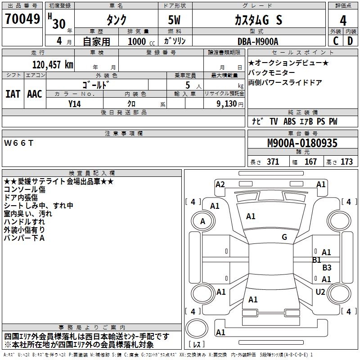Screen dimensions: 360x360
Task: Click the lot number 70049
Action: tap(22, 19)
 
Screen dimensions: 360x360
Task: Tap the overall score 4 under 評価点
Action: tap(343, 20)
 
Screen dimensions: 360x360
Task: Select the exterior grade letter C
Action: tap(336, 41)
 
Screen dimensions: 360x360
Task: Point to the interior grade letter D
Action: tap(350, 41)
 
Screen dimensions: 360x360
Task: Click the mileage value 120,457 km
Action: tap(53, 65)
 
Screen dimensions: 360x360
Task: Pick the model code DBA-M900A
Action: tap(258, 41)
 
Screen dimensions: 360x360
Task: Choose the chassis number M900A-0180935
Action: tap(302, 143)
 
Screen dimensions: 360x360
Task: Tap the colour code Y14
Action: tap(74, 104)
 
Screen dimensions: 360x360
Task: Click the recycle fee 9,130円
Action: tap(230, 104)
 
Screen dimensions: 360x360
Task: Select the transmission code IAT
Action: tap(13, 94)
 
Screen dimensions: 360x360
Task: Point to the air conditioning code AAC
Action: tap(35, 94)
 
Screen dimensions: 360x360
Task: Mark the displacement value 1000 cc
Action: tap(141, 41)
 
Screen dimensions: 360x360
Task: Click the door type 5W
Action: tap(174, 20)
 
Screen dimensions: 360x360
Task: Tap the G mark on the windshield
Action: tap(284, 237)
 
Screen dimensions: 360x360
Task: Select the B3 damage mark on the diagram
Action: tap(327, 267)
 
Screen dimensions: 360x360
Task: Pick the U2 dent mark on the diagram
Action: tap(320, 292)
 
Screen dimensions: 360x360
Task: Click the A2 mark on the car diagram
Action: tap(220, 184)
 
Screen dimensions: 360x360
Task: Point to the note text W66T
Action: tap(18, 143)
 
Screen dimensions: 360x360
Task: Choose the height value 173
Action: tap(346, 162)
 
